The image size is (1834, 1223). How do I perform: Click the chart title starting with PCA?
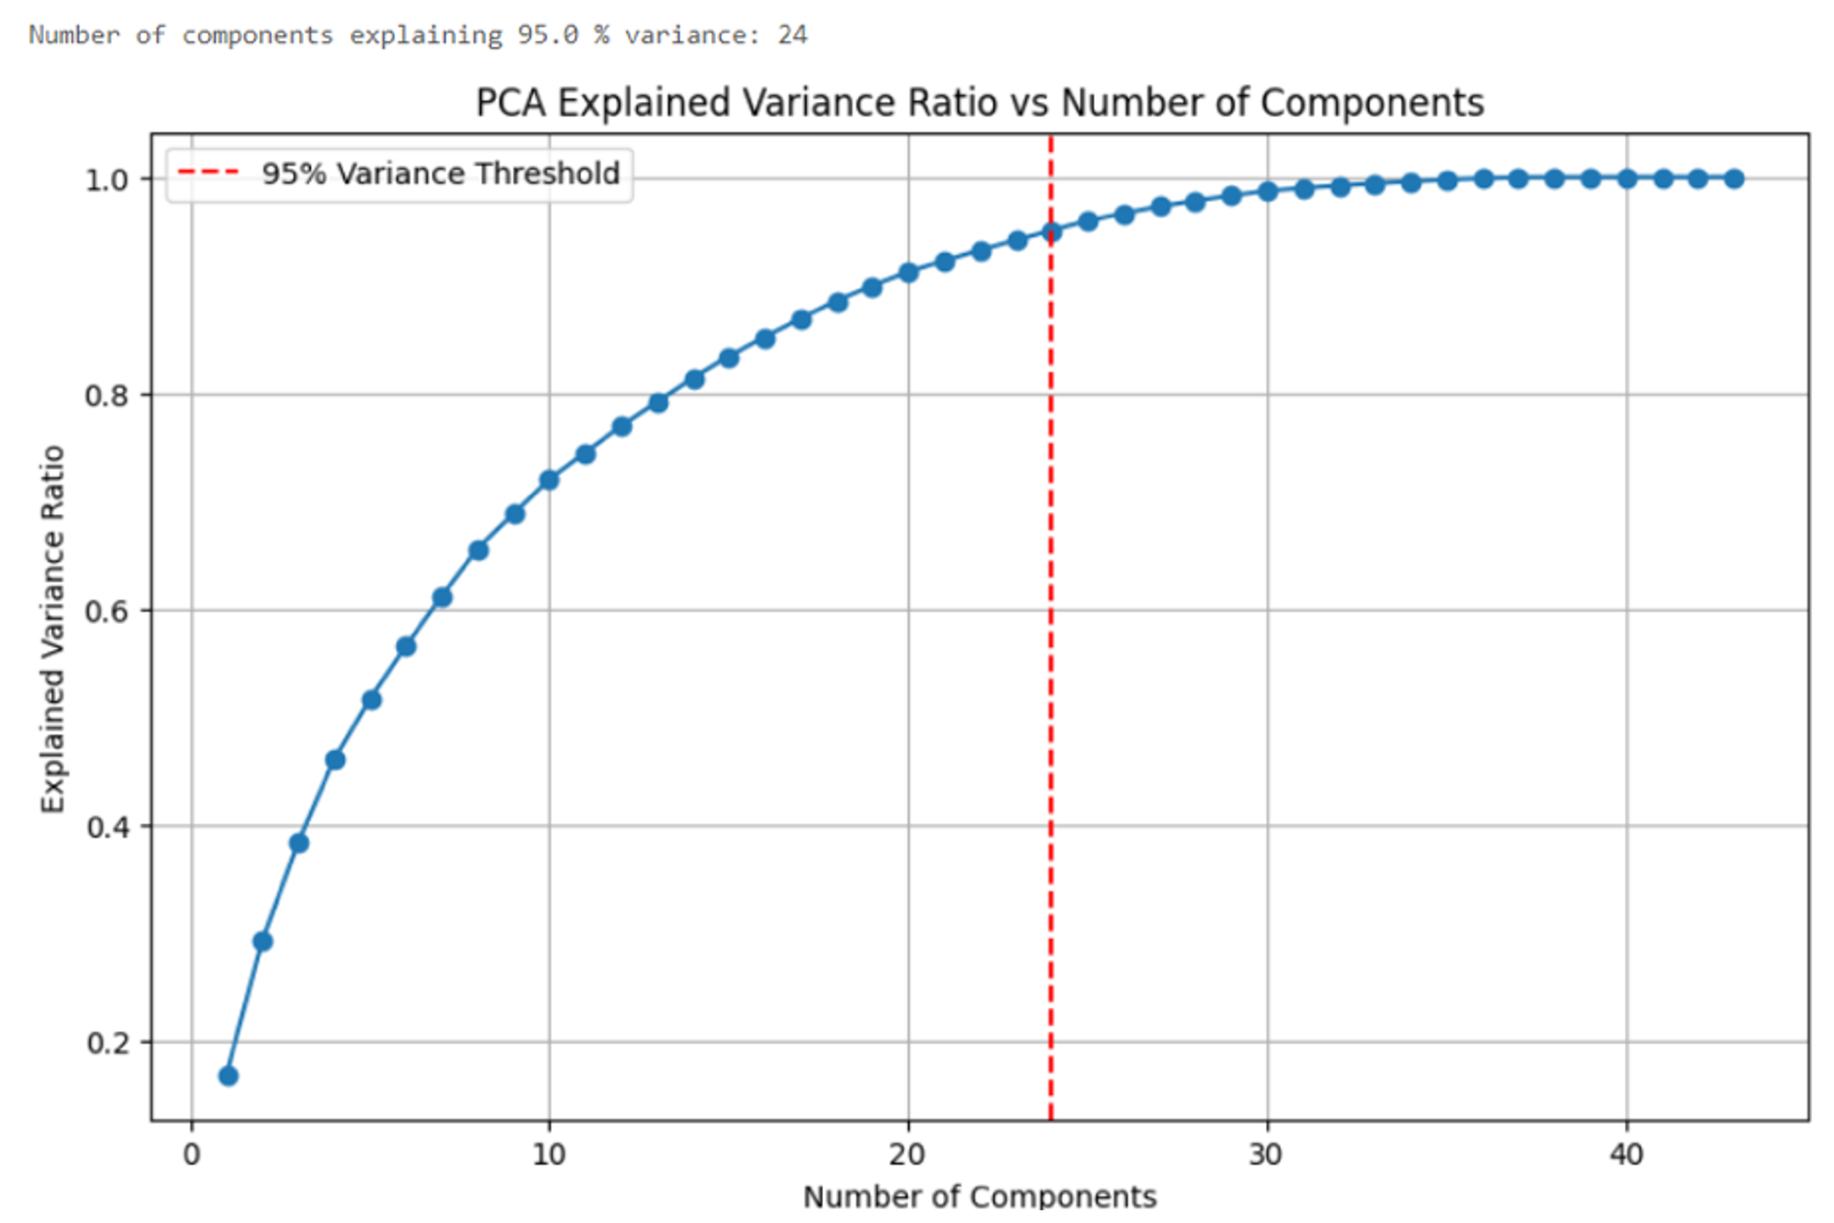[979, 103]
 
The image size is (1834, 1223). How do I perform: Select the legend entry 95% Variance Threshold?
[440, 174]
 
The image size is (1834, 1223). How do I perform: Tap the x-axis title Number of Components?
[979, 1197]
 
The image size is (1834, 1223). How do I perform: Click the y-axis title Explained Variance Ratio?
[53, 628]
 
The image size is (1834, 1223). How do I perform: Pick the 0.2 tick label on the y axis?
[108, 1043]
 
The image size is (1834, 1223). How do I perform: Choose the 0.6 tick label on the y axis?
[108, 611]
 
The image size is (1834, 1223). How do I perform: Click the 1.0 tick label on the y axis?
[108, 180]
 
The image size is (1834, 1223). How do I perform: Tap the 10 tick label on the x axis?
[549, 1155]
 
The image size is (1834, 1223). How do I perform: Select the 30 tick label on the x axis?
[1267, 1155]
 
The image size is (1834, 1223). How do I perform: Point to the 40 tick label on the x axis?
[1626, 1155]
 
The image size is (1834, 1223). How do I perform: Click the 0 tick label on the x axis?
[192, 1155]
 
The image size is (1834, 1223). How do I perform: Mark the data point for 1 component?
[228, 1076]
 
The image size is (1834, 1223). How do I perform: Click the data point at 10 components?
[549, 480]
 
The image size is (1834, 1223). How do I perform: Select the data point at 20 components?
[908, 273]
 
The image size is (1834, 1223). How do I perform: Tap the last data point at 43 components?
[1735, 178]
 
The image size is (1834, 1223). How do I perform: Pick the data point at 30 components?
[1267, 192]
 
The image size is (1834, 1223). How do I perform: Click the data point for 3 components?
[299, 843]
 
